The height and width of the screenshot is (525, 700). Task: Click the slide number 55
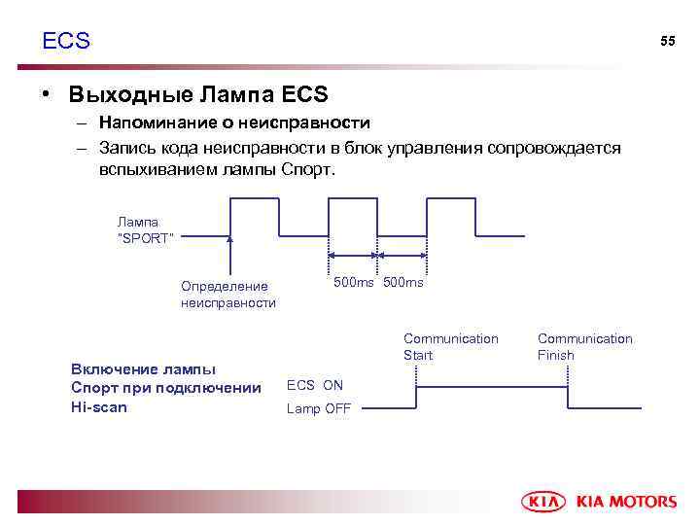point(667,41)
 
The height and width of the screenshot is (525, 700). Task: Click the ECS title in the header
point(66,41)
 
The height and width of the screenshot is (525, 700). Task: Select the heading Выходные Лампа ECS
point(198,95)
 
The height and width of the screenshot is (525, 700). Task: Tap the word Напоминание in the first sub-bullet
point(151,123)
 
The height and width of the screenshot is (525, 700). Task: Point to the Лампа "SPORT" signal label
point(145,230)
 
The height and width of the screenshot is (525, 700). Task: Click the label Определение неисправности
point(227,294)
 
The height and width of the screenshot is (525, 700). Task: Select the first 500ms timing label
point(353,282)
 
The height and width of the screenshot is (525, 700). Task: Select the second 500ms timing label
point(403,282)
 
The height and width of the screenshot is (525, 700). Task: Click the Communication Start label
point(450,346)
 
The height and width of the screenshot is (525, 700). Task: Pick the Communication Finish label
point(584,346)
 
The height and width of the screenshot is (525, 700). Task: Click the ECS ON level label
point(314,385)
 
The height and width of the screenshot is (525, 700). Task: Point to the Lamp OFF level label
point(318,408)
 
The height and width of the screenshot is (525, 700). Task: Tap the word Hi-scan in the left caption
point(99,407)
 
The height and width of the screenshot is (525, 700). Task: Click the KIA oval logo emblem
point(545,501)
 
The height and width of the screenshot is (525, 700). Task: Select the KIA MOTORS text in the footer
point(627,502)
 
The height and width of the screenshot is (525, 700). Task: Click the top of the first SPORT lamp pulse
point(255,198)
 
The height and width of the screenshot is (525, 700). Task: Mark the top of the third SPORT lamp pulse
point(451,198)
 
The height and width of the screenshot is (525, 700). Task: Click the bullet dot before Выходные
point(45,95)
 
